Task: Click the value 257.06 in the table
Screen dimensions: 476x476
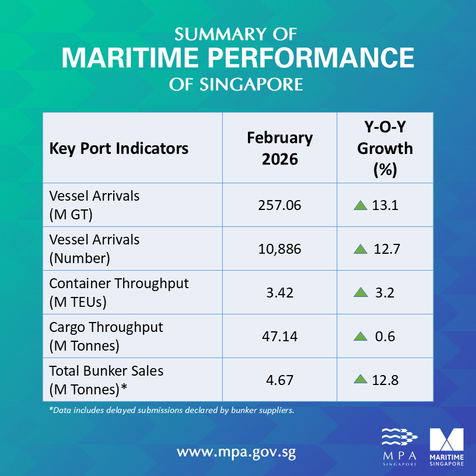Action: pyautogui.click(x=279, y=205)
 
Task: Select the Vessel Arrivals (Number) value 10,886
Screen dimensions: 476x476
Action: pyautogui.click(x=279, y=249)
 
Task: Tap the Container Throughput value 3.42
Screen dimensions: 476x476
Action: pyautogui.click(x=279, y=292)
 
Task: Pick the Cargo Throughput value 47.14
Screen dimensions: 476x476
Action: pyautogui.click(x=279, y=336)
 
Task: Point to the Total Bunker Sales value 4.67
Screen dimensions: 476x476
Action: pyautogui.click(x=279, y=380)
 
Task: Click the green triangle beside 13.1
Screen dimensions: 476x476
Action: pyautogui.click(x=360, y=205)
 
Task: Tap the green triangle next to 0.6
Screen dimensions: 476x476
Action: pyautogui.click(x=360, y=336)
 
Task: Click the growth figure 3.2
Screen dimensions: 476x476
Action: pyautogui.click(x=384, y=292)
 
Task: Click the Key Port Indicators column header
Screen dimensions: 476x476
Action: pyautogui.click(x=119, y=148)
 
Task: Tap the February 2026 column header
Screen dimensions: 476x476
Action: pyautogui.click(x=279, y=148)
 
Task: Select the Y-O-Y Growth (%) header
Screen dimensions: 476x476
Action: pyautogui.click(x=384, y=148)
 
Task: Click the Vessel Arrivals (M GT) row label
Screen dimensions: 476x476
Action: pyautogui.click(x=94, y=205)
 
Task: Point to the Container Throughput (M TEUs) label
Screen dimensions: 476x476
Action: pyautogui.click(x=119, y=292)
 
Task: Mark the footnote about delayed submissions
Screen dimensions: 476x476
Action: pyautogui.click(x=171, y=410)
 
